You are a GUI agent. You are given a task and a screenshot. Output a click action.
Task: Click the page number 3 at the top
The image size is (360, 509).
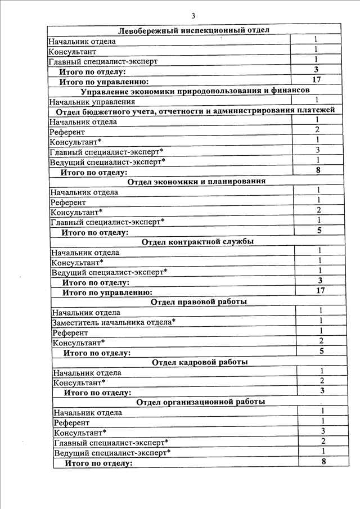[x=193, y=15]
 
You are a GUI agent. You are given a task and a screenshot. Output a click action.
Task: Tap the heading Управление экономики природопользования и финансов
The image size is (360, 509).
[x=195, y=91]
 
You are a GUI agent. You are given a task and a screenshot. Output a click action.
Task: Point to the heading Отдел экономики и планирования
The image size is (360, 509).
[x=196, y=181]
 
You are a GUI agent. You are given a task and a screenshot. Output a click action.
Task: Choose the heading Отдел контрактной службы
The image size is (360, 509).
[x=197, y=242]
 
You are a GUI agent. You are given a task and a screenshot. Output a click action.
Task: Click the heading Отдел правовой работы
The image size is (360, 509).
[x=199, y=302]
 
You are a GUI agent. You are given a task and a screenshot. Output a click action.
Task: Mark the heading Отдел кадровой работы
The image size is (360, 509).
[x=200, y=362]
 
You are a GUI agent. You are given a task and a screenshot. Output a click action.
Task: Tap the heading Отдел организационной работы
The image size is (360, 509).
[x=200, y=402]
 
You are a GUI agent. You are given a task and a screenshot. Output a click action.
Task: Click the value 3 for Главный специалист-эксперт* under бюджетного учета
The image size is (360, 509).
[x=318, y=150]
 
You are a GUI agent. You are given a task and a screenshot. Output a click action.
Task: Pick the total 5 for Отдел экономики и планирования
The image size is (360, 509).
[x=319, y=230]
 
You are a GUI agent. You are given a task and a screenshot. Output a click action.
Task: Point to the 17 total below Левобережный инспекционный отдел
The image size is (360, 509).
[x=316, y=80]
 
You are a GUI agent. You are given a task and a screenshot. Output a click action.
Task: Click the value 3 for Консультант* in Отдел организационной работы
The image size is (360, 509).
[x=323, y=431]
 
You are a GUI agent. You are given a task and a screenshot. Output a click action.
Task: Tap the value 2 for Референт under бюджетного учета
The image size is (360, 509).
[x=318, y=130]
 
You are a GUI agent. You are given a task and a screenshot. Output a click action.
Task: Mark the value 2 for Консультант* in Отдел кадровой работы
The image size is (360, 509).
[x=322, y=381]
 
